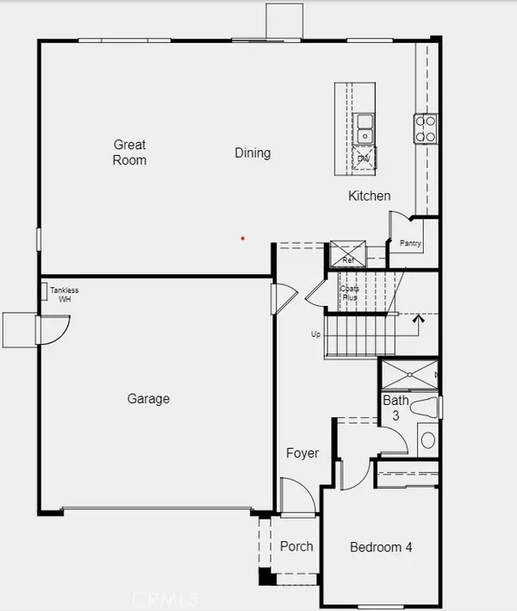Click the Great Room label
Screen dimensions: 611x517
click(x=129, y=153)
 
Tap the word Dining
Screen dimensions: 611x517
click(x=252, y=153)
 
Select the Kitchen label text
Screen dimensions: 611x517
click(x=369, y=196)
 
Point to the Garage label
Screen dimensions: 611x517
click(x=148, y=398)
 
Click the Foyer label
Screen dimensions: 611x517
click(x=302, y=453)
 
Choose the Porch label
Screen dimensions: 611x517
click(x=296, y=546)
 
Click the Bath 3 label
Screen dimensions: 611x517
click(x=396, y=407)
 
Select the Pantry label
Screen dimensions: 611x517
click(x=410, y=243)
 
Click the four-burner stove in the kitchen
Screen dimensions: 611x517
click(x=426, y=129)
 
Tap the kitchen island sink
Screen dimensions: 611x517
click(x=364, y=128)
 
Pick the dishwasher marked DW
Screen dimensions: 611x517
click(x=364, y=159)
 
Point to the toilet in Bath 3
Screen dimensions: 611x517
click(x=425, y=407)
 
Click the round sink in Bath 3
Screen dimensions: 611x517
click(x=427, y=441)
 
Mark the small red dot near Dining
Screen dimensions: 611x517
click(x=243, y=238)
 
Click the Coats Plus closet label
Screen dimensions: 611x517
click(x=349, y=293)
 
